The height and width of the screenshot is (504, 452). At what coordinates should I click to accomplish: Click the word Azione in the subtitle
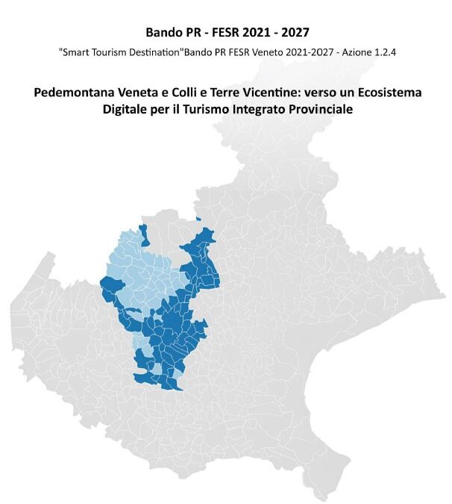tap(346, 54)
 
